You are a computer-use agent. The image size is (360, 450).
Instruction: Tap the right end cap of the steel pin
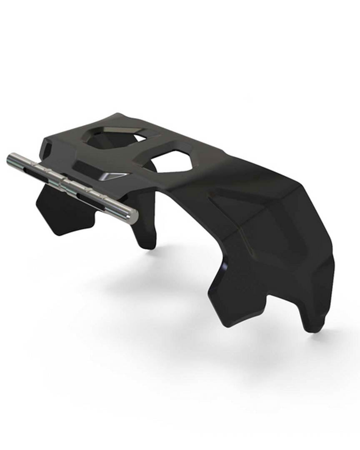coord(132,216)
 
